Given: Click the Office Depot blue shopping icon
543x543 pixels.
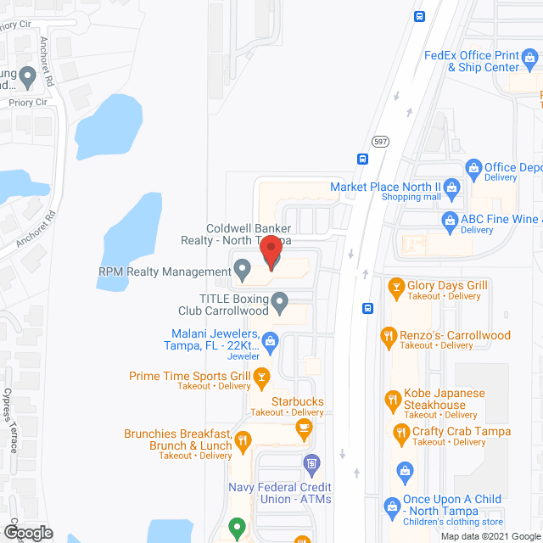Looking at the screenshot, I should point(473,168).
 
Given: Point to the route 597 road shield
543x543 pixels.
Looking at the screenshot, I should point(379,141).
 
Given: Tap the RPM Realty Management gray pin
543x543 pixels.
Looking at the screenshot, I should point(242,271).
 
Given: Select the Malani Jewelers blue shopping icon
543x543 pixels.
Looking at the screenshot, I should point(271,341).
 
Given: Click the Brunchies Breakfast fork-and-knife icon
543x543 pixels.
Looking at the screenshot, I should point(244,439).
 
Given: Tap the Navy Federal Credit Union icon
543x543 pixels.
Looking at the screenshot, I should point(311,463).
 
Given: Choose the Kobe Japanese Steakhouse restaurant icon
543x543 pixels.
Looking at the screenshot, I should point(392,399).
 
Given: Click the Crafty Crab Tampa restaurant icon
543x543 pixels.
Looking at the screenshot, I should point(401,434).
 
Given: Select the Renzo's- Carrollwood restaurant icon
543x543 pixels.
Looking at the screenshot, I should point(389,336).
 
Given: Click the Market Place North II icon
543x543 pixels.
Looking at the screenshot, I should point(451,187).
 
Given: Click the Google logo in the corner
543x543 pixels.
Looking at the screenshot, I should point(27,533).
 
